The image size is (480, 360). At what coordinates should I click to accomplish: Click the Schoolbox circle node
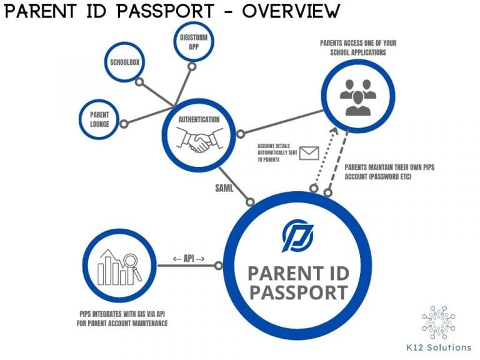[x=124, y=62]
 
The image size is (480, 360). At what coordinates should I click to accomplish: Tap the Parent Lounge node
[x=99, y=119]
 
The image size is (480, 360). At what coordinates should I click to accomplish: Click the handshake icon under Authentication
[x=199, y=143]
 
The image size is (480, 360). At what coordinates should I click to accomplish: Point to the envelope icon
[x=309, y=152]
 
